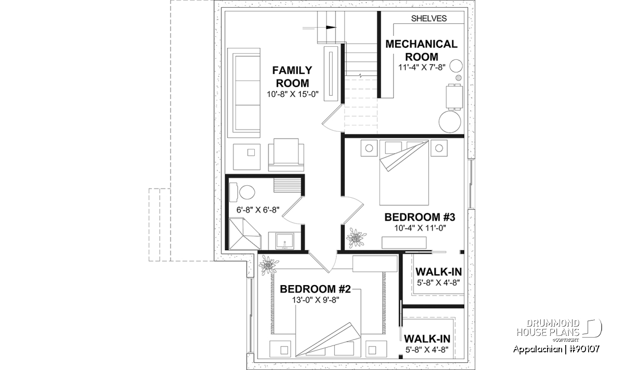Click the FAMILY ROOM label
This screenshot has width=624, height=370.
(292, 76)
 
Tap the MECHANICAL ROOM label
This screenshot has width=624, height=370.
(422, 50)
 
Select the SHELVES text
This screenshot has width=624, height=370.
(429, 18)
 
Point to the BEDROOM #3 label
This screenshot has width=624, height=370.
(420, 217)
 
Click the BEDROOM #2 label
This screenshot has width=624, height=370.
(315, 289)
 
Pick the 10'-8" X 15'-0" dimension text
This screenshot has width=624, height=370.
(292, 94)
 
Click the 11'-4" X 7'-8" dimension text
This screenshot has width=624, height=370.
(422, 68)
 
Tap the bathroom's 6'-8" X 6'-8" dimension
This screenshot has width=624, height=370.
(258, 210)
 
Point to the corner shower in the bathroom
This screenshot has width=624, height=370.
(245, 234)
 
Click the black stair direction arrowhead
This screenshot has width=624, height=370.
(331, 28)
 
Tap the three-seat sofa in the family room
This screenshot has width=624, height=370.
(244, 93)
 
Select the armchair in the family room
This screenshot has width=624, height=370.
(286, 155)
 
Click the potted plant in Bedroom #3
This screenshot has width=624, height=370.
(356, 238)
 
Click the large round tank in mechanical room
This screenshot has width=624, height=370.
(450, 122)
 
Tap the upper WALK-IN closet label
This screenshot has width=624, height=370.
(439, 272)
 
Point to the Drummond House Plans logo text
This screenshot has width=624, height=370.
(548, 328)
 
